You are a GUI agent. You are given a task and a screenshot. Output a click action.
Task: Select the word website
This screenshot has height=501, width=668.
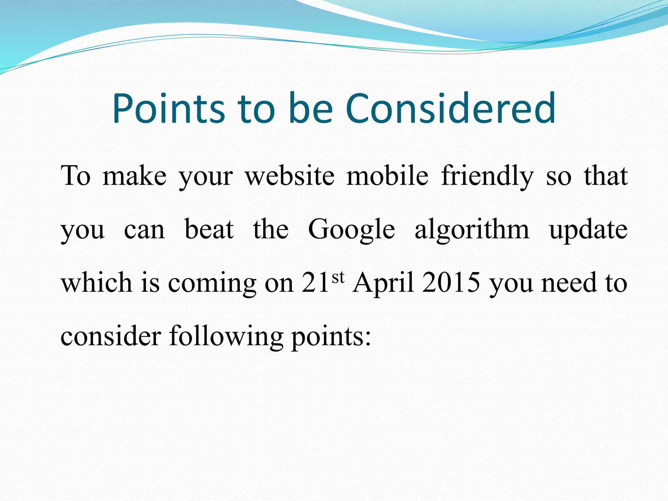pos(290,176)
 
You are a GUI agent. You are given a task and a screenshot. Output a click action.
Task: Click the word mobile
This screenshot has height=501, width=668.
pos(387,176)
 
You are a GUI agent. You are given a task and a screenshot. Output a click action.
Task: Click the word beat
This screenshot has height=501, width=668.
pos(209,229)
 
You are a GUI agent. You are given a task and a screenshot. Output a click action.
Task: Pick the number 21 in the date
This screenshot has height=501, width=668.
pos(315,282)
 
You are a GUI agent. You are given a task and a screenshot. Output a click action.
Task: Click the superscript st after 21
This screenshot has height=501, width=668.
pos(338,277)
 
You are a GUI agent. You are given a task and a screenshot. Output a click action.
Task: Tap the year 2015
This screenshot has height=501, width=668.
pos(451,282)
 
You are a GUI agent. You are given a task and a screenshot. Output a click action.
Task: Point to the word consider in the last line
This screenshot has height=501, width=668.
pos(111,336)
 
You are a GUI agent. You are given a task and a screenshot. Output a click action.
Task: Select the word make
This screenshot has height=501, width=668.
pos(134,176)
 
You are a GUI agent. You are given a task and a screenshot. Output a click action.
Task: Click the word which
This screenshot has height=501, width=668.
pos(97,282)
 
